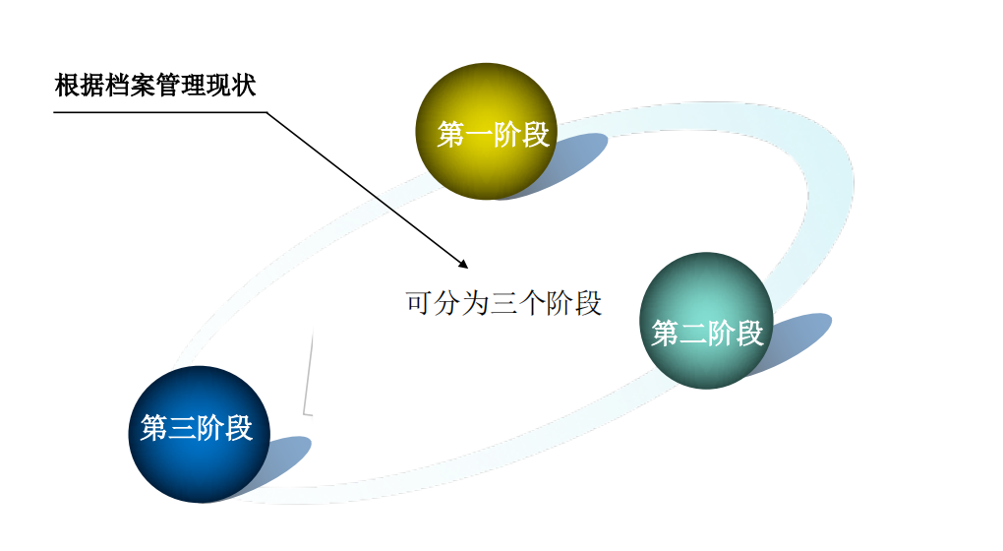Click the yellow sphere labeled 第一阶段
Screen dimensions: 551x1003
click(x=487, y=131)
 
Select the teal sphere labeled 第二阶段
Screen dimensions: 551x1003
click(x=706, y=320)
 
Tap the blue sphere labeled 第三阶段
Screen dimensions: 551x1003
click(x=197, y=433)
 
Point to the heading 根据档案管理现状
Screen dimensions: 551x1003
click(x=155, y=86)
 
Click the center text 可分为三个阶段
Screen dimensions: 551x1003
click(x=502, y=302)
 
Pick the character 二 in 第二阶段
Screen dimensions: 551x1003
click(x=693, y=334)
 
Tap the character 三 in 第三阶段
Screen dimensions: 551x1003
click(x=182, y=428)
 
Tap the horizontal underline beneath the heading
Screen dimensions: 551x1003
click(x=157, y=111)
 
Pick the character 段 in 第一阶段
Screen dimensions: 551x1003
click(x=535, y=135)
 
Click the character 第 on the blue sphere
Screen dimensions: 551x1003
click(x=154, y=428)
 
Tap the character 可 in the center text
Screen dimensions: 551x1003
click(x=419, y=302)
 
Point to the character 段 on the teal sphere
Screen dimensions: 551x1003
click(x=749, y=334)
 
